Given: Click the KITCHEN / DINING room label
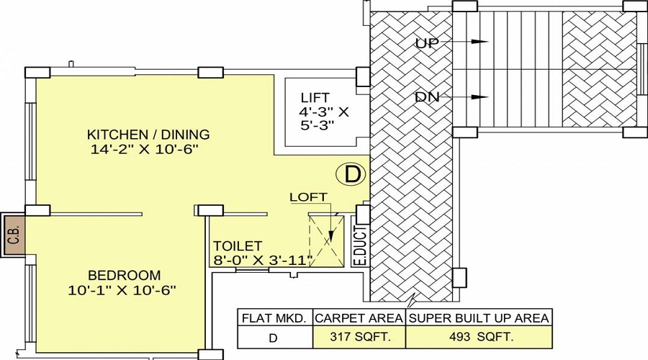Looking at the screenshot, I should pyautogui.click(x=148, y=134).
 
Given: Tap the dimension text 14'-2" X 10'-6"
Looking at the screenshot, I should pyautogui.click(x=144, y=149).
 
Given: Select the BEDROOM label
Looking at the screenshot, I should pyautogui.click(x=125, y=275).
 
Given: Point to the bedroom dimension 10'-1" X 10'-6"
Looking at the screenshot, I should pyautogui.click(x=123, y=290).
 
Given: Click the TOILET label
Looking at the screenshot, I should pyautogui.click(x=238, y=246).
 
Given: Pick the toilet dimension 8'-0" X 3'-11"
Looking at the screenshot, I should pyautogui.click(x=261, y=260).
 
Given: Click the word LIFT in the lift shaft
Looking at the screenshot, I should pyautogui.click(x=315, y=97).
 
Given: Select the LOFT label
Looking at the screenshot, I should pyautogui.click(x=308, y=197).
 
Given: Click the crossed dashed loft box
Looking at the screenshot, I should pyautogui.click(x=327, y=239).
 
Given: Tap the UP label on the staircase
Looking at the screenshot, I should pyautogui.click(x=428, y=43).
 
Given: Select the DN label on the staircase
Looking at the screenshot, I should pyautogui.click(x=428, y=96).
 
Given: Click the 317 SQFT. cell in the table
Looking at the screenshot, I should pyautogui.click(x=359, y=336).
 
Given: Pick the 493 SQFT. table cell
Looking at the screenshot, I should pyautogui.click(x=479, y=336).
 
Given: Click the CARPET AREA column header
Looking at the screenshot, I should pyautogui.click(x=359, y=318).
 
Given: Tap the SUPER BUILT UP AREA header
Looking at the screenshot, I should pyautogui.click(x=479, y=318).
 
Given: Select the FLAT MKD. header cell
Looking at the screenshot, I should pyautogui.click(x=275, y=318).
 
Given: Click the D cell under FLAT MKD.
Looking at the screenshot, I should pyautogui.click(x=275, y=336).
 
